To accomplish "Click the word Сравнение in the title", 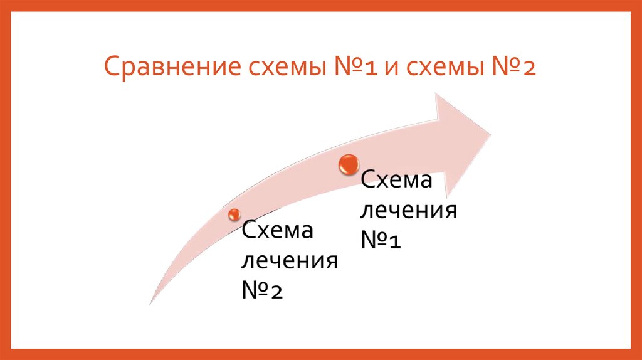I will coord(165,65).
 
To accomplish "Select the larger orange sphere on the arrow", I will coord(348,164).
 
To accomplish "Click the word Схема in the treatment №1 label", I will coord(396,182).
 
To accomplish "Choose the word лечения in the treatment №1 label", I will coord(407,211).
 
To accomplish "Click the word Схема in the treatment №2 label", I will coord(278,231).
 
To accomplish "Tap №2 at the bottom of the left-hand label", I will coord(263,289).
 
